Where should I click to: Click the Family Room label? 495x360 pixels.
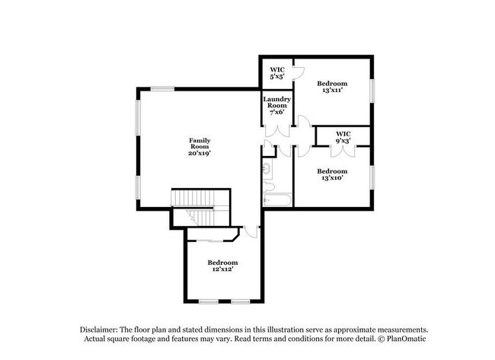click(x=200, y=146)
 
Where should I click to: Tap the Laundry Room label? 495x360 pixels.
click(x=274, y=106)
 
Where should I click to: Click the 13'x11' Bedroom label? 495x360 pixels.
click(x=332, y=86)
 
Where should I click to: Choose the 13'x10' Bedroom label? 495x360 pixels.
click(x=332, y=175)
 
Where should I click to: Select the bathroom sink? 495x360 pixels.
click(x=267, y=167)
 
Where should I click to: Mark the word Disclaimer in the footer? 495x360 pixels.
click(x=103, y=328)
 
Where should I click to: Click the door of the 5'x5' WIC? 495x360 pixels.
click(x=299, y=74)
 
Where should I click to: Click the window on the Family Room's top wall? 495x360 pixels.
click(x=161, y=89)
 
